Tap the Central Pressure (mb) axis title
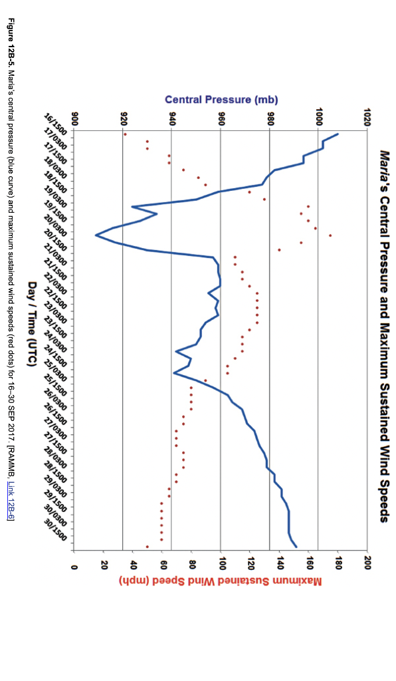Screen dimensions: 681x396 tap(221, 100)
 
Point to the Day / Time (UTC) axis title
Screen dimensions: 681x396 tap(31, 324)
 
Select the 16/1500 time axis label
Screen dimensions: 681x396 tap(54, 124)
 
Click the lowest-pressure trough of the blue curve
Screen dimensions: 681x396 tap(96, 235)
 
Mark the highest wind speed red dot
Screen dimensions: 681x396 tap(330, 235)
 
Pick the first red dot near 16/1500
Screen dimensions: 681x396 tap(126, 134)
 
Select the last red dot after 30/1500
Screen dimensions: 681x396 tap(148, 547)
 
